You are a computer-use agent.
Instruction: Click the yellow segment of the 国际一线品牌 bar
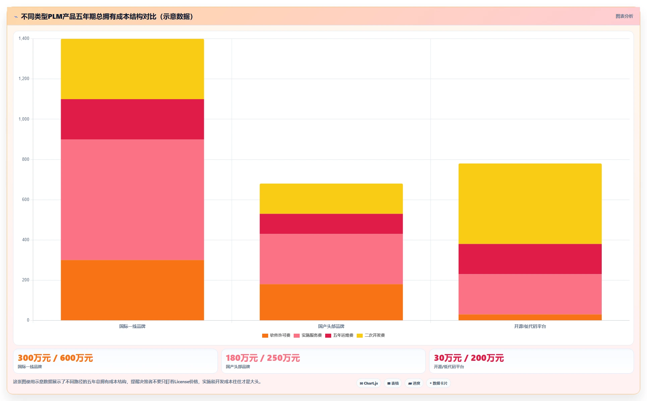click(x=132, y=69)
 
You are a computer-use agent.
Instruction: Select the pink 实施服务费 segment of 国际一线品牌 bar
click(x=132, y=200)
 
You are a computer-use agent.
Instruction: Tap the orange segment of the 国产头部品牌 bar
click(x=331, y=302)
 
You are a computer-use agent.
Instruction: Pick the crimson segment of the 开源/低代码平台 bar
click(x=530, y=259)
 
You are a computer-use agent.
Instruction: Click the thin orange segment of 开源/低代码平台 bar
click(x=530, y=317)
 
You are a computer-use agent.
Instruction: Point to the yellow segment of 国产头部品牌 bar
click(x=331, y=199)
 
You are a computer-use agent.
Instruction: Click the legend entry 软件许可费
click(x=276, y=335)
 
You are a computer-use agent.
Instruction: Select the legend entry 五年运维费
click(x=339, y=335)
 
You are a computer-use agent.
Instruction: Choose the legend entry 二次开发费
click(x=371, y=335)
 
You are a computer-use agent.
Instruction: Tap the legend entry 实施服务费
click(x=308, y=335)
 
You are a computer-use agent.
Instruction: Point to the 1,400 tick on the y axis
click(x=24, y=39)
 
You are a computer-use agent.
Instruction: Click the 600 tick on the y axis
click(x=25, y=200)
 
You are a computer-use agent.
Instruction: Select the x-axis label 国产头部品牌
click(x=331, y=326)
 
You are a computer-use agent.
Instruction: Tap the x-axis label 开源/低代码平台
click(x=530, y=326)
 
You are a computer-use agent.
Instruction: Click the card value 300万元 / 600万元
click(x=55, y=358)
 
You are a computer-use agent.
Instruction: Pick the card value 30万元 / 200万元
click(x=469, y=358)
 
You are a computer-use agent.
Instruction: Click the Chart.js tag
click(x=369, y=383)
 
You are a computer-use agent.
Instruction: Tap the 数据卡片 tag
click(x=438, y=383)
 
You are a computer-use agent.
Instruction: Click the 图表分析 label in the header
click(x=624, y=16)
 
